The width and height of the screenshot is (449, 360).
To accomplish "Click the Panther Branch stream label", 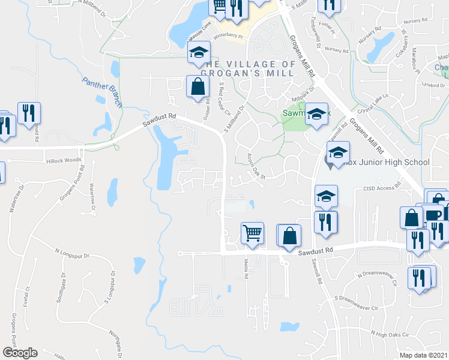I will click(x=102, y=91).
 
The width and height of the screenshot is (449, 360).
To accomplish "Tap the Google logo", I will click(x=19, y=353).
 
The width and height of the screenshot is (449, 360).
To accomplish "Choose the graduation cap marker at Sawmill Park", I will click(x=316, y=113).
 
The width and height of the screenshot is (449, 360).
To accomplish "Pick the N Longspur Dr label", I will click(x=71, y=254).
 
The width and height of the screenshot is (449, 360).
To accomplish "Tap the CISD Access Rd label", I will click(x=381, y=188).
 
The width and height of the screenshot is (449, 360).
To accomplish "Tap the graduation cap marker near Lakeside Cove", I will click(x=198, y=53).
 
